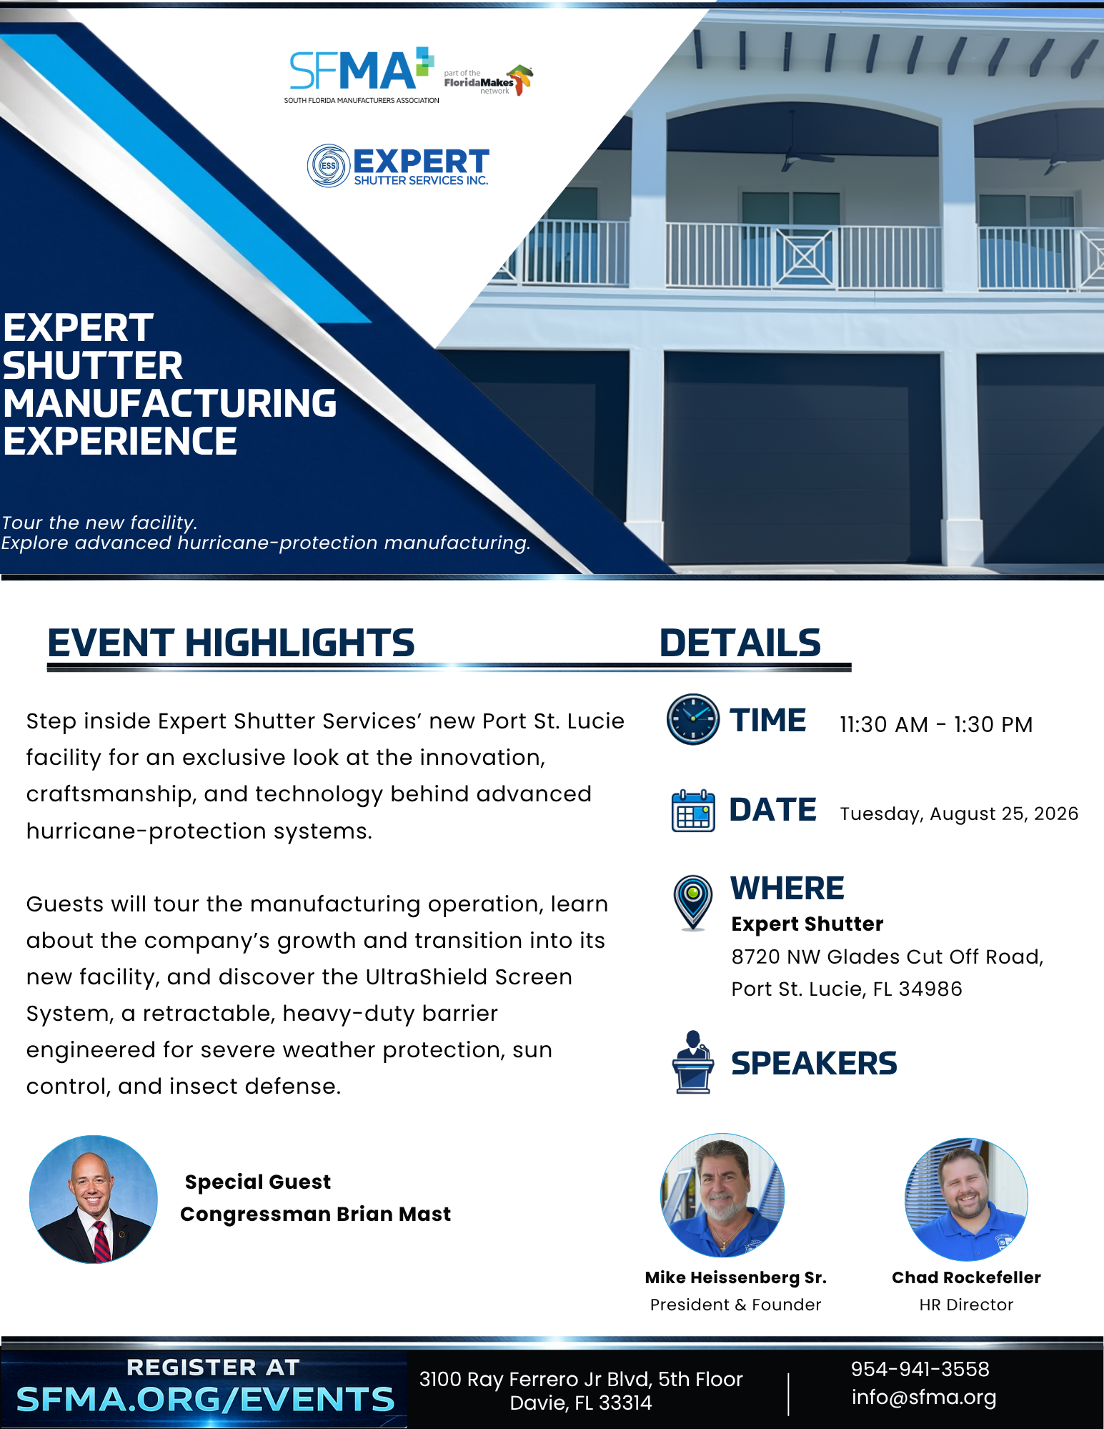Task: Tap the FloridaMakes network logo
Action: [x=489, y=81]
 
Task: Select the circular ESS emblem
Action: [x=328, y=166]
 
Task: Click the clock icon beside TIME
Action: [x=692, y=719]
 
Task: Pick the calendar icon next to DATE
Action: [x=693, y=811]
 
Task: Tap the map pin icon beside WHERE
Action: [x=692, y=902]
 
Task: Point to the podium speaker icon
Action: [x=692, y=1062]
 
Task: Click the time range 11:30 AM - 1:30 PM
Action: [x=936, y=724]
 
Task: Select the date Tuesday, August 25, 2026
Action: [x=959, y=814]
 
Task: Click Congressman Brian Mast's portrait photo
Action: [x=94, y=1199]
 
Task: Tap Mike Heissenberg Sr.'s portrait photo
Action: [x=722, y=1195]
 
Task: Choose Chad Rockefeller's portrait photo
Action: [x=966, y=1200]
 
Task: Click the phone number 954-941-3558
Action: [x=920, y=1369]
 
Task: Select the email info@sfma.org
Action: [x=924, y=1398]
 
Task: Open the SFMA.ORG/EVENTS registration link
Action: [x=206, y=1400]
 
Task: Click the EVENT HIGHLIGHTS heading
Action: [x=231, y=642]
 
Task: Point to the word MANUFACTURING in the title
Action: [x=170, y=403]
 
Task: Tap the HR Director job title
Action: [x=966, y=1305]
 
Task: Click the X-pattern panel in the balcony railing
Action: [x=805, y=257]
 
